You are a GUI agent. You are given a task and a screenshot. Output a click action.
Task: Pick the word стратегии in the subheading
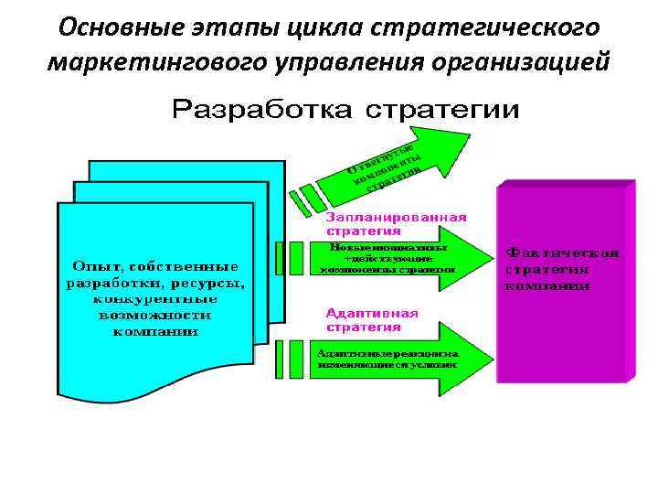tap(442, 111)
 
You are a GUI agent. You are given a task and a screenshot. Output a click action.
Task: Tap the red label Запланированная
tap(397, 218)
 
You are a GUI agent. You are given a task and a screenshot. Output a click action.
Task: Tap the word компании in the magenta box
tap(547, 285)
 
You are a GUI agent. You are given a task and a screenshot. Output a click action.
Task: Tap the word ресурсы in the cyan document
tap(211, 282)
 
